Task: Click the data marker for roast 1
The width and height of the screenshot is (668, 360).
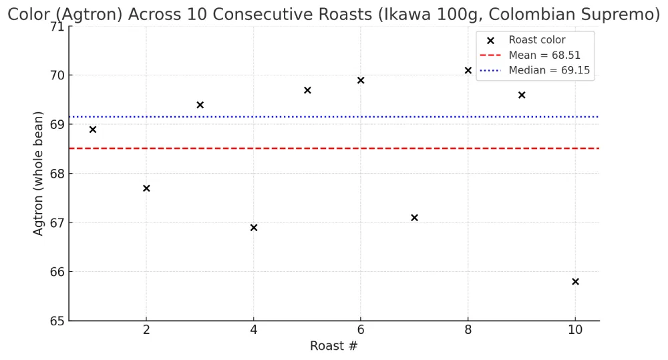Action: (x=93, y=130)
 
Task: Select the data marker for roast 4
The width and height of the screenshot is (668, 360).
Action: (x=254, y=228)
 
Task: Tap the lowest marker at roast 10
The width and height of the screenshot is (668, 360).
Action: (x=575, y=282)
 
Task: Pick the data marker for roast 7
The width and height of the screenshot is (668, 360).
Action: (x=414, y=218)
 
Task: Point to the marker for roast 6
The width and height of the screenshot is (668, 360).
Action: (x=361, y=80)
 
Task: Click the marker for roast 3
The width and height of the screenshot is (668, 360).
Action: (x=200, y=105)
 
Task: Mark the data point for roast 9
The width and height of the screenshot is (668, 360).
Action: (x=522, y=95)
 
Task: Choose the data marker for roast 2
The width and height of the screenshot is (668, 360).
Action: (x=146, y=188)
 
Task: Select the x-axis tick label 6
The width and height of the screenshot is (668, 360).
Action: (x=361, y=330)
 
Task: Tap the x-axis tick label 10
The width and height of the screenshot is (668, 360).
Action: (x=575, y=330)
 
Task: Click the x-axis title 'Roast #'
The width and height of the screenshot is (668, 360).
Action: (x=334, y=346)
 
